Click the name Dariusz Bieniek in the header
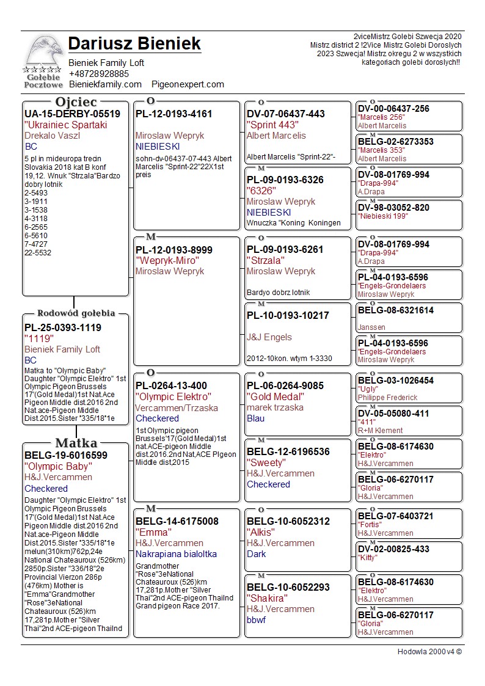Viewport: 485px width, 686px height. point(134,44)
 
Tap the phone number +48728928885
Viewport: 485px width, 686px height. point(98,73)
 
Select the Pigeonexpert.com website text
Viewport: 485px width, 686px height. point(188,84)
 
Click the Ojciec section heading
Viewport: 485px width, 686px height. point(76,102)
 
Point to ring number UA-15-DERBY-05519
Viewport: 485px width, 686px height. point(72,114)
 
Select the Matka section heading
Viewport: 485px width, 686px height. point(76,443)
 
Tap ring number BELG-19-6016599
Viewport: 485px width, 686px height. point(66,455)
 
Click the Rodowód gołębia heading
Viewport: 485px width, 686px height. point(76,313)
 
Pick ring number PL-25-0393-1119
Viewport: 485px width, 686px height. point(63,327)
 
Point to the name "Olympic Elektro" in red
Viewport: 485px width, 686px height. point(173,397)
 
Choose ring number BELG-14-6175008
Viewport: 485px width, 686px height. point(177,521)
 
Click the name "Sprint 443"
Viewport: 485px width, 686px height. point(272,125)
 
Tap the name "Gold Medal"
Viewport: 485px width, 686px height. point(275,397)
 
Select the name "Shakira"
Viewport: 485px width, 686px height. point(268,598)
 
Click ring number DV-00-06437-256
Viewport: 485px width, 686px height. point(393,109)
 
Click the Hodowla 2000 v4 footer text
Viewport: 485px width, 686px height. point(429,651)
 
